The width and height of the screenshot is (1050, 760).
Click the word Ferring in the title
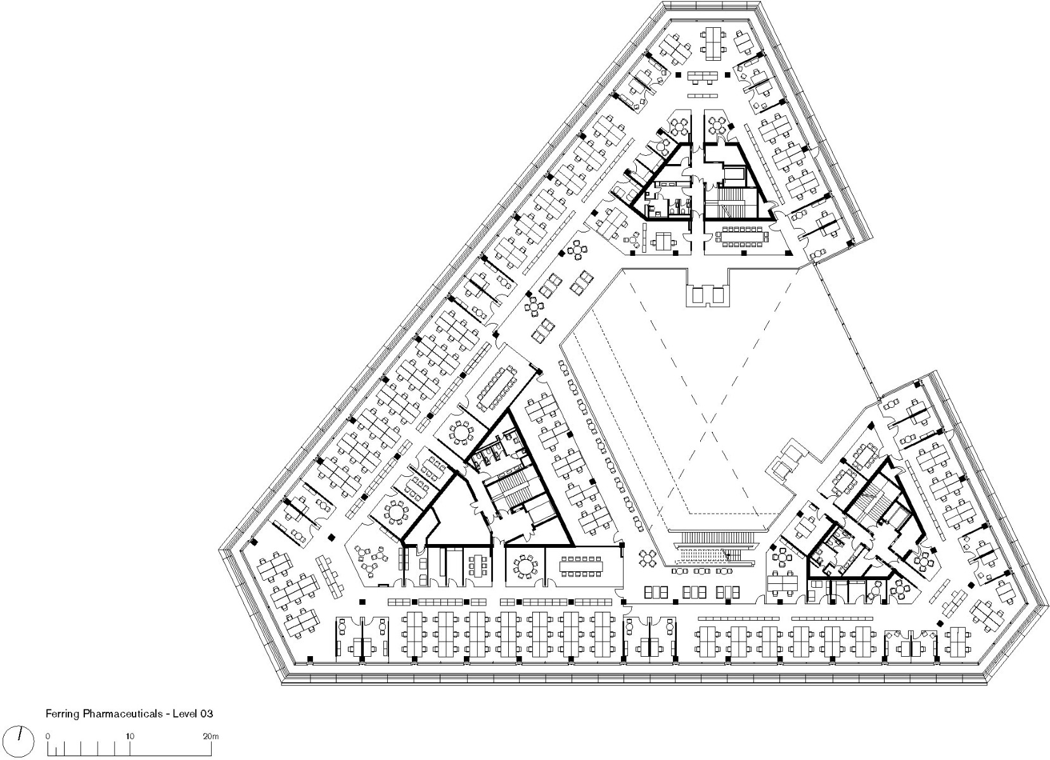(x=61, y=713)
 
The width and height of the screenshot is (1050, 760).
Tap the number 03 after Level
(x=207, y=713)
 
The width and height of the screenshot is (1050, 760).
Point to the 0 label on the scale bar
(x=48, y=737)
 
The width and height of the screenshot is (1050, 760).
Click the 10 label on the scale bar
(x=130, y=737)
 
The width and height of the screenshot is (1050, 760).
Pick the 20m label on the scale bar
(x=211, y=737)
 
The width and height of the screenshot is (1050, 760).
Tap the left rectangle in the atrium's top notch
(x=698, y=295)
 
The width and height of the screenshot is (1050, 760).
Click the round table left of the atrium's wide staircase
(x=648, y=558)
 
